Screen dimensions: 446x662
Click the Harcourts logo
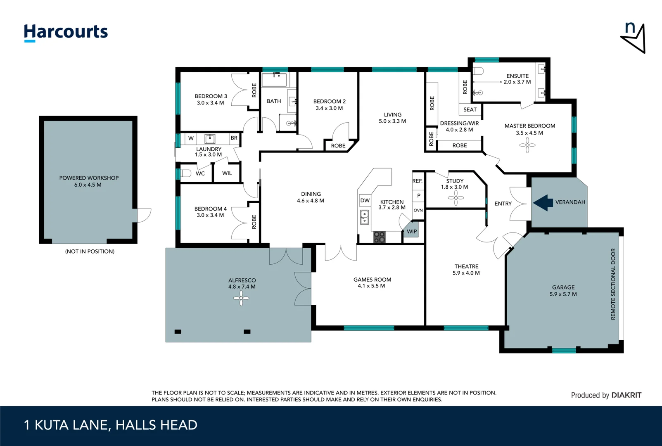(x=66, y=32)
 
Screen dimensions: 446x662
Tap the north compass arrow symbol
(x=634, y=38)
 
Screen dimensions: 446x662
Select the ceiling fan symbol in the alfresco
(x=241, y=298)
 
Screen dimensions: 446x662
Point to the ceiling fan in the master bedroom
(x=527, y=145)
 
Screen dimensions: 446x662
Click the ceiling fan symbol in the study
(x=456, y=198)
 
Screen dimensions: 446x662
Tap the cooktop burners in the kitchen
(x=380, y=237)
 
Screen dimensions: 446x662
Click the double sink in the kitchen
(x=364, y=217)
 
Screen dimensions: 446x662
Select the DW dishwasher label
(x=365, y=201)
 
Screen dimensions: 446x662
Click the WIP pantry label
(x=412, y=231)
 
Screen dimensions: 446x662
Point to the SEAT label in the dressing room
(x=470, y=109)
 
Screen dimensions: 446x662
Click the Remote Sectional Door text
(x=613, y=284)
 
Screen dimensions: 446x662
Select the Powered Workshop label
(x=89, y=178)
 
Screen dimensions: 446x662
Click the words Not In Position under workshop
(x=90, y=251)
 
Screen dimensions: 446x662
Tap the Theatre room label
(x=466, y=266)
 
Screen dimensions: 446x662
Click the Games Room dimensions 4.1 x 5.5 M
(x=371, y=286)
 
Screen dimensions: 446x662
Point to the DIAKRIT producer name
(x=626, y=395)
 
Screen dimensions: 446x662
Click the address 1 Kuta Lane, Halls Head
(x=111, y=425)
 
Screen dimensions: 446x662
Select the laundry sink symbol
(x=210, y=138)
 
